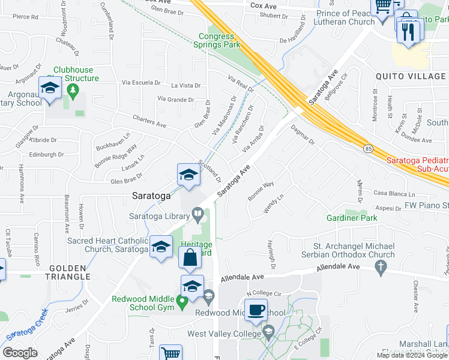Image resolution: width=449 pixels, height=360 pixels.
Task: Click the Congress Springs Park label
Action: (220, 40)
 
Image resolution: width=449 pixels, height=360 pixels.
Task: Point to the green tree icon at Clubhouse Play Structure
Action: (74, 91)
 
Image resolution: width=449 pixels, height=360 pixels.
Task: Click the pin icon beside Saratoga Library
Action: (197, 214)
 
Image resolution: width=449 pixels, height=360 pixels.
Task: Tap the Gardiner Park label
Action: (352, 218)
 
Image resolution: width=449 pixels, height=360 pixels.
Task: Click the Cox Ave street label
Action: (262, 5)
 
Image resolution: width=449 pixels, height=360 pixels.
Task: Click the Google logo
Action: (20, 353)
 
